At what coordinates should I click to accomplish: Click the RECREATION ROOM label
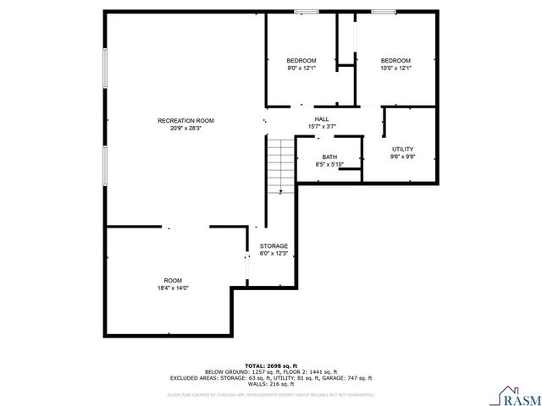coord(185,121)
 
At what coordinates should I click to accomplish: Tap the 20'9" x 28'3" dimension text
coord(185,129)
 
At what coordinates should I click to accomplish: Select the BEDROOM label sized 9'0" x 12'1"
coord(301,60)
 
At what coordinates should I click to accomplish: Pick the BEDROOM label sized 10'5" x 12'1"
coord(395,60)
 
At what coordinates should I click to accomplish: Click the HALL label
coord(322,119)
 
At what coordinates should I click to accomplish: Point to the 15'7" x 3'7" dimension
coord(322,127)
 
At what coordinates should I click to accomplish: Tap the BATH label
coord(329,157)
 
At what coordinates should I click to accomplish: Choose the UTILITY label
coord(401,149)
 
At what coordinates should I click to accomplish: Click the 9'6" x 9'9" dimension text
coord(401,156)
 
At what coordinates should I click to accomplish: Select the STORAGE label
coord(274,246)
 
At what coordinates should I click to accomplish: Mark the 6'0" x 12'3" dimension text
coord(274,254)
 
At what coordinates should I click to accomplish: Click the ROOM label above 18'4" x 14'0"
coord(173,280)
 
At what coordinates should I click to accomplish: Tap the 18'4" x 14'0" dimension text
coord(173,288)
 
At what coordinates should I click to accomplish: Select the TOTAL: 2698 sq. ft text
coord(271,365)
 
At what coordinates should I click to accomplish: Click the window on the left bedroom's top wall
coord(306,12)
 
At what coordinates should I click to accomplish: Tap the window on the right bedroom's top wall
coord(383,12)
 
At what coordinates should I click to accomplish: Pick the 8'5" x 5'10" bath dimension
coord(329,165)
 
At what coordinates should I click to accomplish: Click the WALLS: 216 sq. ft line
coord(271,384)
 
